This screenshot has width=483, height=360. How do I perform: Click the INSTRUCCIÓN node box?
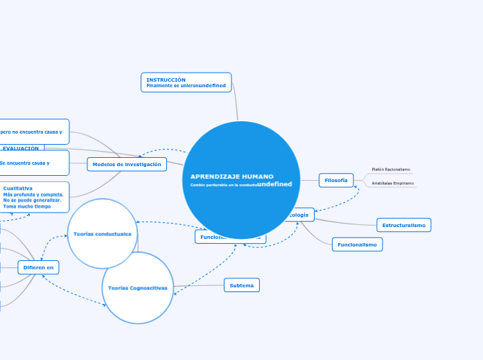tap(186, 82)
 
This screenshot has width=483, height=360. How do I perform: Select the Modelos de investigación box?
tap(127, 164)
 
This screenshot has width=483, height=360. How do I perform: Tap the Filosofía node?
tap(336, 180)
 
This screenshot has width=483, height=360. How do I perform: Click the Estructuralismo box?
tap(404, 225)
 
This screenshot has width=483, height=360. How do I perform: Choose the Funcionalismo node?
tap(357, 244)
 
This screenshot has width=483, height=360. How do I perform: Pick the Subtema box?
tap(241, 285)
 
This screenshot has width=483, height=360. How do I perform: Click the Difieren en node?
tap(38, 267)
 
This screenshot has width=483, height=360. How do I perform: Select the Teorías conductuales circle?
tap(103, 234)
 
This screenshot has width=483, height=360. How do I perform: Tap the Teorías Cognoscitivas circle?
tap(138, 287)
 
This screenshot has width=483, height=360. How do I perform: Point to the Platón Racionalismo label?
tap(391, 169)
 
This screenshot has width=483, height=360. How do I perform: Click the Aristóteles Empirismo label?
tap(393, 183)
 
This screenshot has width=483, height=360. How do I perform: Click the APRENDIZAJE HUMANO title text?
tap(232, 177)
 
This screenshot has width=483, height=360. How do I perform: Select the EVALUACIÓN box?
tap(21, 148)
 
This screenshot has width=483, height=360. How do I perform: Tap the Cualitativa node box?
tap(35, 197)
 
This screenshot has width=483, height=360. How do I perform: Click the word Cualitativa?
tap(17, 188)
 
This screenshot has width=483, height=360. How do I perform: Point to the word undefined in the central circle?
tap(274, 184)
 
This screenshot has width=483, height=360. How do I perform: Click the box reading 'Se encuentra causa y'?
tap(35, 163)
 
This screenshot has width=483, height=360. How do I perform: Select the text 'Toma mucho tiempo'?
tap(27, 206)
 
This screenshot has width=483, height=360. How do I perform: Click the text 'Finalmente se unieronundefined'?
tap(186, 85)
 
